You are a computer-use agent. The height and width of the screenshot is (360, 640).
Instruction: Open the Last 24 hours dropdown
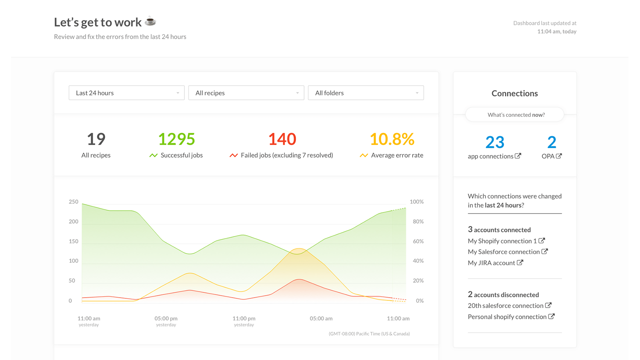tap(126, 93)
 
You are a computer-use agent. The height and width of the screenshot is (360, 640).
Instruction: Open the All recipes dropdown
tap(246, 93)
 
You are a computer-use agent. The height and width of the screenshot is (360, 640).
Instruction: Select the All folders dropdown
tap(366, 93)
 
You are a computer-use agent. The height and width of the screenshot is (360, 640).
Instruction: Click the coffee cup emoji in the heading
tap(150, 21)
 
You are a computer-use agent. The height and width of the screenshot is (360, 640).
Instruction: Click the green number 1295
tap(176, 139)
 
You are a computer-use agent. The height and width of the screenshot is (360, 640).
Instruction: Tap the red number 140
tap(282, 139)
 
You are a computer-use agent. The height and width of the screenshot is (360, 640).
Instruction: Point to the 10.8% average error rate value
tap(392, 139)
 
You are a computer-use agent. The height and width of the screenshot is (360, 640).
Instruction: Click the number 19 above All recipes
tap(96, 139)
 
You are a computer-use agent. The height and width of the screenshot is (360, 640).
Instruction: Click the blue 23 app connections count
tap(495, 142)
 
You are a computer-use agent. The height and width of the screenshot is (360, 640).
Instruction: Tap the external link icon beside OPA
tap(559, 156)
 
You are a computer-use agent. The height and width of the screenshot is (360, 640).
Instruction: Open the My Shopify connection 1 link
tap(502, 241)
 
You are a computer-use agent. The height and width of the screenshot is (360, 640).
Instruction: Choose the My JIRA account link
tap(492, 263)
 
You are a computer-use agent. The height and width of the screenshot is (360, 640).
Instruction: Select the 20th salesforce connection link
tap(506, 306)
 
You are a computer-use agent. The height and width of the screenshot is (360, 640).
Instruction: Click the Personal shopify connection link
tap(507, 317)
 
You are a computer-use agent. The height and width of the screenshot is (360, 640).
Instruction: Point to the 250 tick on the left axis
tap(74, 202)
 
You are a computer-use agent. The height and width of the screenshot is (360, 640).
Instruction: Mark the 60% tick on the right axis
tap(418, 241)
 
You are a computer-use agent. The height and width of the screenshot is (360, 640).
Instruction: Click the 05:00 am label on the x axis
tap(321, 318)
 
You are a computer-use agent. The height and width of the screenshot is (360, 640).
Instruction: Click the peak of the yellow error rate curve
tap(298, 249)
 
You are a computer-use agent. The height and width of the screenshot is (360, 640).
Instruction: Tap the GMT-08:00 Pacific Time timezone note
tap(369, 334)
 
